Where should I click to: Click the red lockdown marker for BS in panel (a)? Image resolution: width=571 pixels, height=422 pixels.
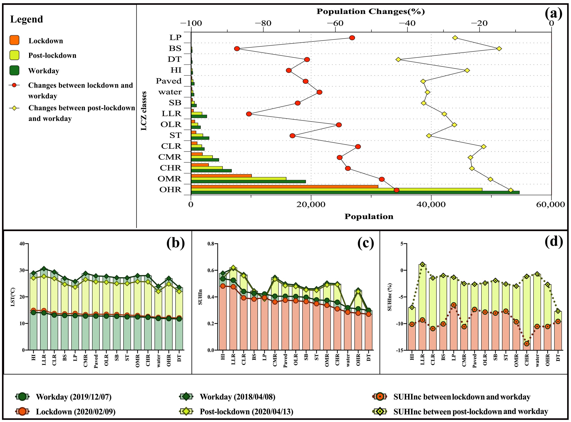(237, 49)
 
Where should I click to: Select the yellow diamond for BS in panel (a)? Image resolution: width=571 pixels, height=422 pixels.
(499, 49)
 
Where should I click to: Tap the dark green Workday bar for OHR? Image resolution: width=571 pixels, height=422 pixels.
(355, 192)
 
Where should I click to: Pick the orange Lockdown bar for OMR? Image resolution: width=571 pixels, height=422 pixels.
(221, 176)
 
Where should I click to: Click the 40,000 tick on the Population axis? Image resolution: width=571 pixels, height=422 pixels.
(431, 205)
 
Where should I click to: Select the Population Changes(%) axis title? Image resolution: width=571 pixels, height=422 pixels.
(371, 12)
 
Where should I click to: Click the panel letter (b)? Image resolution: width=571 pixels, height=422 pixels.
(176, 243)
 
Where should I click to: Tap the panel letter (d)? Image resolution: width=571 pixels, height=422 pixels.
(554, 242)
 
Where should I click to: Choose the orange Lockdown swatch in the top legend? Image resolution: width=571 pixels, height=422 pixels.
(14, 40)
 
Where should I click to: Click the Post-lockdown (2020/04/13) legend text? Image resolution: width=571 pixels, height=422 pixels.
(246, 412)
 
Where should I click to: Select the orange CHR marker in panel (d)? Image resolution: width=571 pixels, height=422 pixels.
(527, 344)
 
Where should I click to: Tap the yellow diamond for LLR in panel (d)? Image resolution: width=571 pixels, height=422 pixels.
(422, 264)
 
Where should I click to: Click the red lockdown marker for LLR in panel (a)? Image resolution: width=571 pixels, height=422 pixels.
(249, 114)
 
